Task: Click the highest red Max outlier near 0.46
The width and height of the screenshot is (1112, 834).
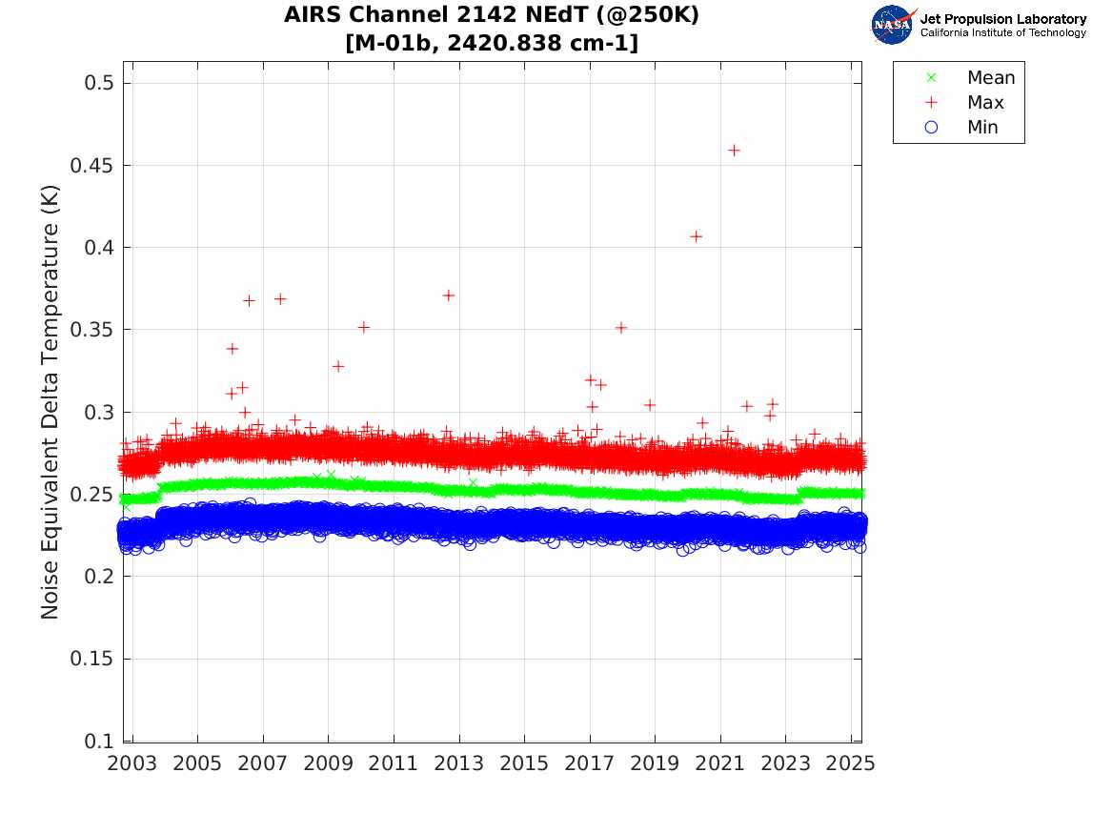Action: coord(734,150)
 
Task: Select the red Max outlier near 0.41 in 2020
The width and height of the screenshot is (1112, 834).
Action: coord(696,236)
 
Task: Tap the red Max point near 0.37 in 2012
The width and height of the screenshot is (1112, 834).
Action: coord(448,295)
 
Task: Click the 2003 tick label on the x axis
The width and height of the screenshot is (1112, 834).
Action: coord(132,764)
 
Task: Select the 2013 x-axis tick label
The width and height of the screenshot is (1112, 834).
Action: coord(459,764)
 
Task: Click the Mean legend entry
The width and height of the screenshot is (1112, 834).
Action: coord(991,77)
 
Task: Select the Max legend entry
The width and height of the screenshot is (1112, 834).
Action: coord(985,102)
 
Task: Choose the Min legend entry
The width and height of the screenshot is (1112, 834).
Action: coord(982,127)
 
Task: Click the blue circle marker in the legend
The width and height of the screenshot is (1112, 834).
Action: coord(932,127)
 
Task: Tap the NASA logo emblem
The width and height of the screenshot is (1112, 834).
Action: coord(892,24)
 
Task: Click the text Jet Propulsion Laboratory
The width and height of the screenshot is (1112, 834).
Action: coord(1002,19)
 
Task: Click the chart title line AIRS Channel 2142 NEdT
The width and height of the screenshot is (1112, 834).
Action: coord(492,16)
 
